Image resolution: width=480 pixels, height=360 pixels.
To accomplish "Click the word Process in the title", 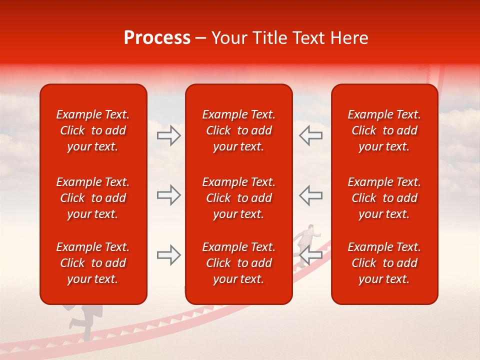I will (157, 38).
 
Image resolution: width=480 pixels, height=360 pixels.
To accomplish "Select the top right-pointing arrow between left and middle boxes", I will (168, 135).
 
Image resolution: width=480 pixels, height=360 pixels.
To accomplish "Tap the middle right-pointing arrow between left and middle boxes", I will (168, 195).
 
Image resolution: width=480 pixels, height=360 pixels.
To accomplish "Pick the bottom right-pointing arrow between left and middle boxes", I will (168, 255).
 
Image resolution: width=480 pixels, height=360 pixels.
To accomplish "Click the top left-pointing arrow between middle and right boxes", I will (311, 135).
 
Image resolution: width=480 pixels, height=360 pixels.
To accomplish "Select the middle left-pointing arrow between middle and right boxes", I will (311, 195).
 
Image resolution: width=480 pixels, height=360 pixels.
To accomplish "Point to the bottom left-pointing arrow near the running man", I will (311, 255).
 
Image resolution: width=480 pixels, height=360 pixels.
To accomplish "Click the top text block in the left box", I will (93, 130).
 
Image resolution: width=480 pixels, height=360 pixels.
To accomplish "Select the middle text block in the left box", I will (93, 198).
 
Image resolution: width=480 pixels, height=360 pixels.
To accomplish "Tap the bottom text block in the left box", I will (93, 263).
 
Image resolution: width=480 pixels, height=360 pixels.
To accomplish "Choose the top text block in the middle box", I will (238, 130).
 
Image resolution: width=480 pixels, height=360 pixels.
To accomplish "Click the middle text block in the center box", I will (238, 198).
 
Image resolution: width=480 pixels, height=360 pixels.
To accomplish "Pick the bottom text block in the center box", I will (238, 263).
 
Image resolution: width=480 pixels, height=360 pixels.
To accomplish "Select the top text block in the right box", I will (384, 130).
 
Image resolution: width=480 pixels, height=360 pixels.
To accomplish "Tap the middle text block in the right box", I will (384, 198).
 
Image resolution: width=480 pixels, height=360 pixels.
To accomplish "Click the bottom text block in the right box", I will (384, 263).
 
